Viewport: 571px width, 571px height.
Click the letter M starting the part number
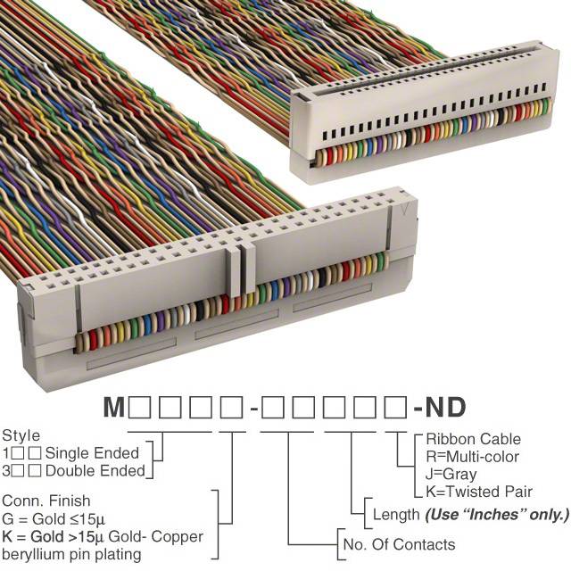pos(114,407)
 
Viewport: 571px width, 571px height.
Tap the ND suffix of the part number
pos(445,407)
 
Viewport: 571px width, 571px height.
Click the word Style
pos(21,436)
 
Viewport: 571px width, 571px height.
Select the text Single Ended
pos(92,453)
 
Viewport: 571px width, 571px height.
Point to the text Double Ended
pos(95,471)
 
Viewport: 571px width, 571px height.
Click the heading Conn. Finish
pos(46,501)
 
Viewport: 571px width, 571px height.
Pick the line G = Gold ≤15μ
pos(54,519)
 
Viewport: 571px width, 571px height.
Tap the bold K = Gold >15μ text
pos(54,536)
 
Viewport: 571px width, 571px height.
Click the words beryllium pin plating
pos(71,555)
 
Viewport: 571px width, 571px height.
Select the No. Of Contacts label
pos(399,545)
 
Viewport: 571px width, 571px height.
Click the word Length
pos(396,515)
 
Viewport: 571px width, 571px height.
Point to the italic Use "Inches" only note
pos(497,515)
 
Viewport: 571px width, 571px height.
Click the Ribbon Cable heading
pos(474,439)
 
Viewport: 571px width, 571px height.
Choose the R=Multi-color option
pos(472,457)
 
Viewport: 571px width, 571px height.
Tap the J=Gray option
pos(451,474)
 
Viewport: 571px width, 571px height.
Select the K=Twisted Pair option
pos(479,492)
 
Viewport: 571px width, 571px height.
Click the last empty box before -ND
pos(395,408)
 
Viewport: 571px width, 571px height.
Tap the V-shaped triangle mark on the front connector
pos(404,210)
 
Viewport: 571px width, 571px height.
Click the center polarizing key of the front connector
pos(240,269)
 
